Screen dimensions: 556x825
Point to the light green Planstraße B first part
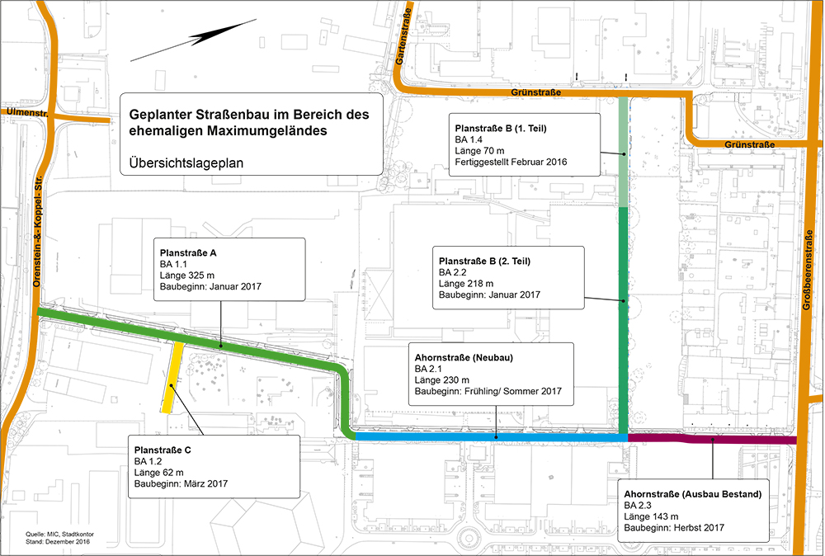pyautogui.click(x=623, y=153)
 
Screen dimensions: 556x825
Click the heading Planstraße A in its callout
pyautogui.click(x=187, y=252)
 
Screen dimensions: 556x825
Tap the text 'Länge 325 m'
pyautogui.click(x=189, y=276)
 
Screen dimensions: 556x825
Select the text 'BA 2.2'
pyautogui.click(x=453, y=272)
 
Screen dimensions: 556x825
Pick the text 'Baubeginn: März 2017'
pyautogui.click(x=181, y=484)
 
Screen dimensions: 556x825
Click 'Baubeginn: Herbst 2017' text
pyautogui.click(x=673, y=527)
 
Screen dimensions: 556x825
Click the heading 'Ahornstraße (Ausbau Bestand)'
pyautogui.click(x=692, y=492)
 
